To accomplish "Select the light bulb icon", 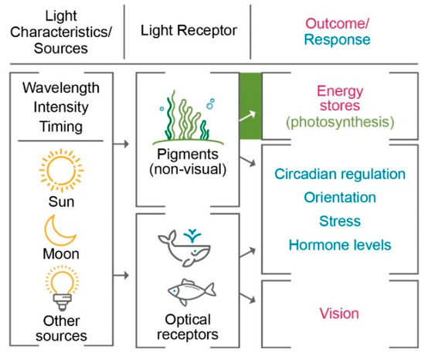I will [60, 288].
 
